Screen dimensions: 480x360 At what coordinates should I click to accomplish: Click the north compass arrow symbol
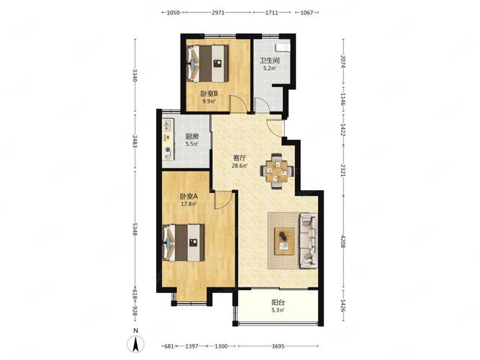135,343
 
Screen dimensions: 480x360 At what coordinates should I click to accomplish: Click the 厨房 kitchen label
192,136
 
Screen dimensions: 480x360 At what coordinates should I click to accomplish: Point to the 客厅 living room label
240,158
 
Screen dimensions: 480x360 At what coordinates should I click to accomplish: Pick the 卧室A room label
189,196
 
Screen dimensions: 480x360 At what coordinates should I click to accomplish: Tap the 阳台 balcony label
278,302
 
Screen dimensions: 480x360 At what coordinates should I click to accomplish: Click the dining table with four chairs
277,171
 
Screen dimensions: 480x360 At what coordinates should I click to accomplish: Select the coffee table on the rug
284,240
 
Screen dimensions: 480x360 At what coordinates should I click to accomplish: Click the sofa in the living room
308,240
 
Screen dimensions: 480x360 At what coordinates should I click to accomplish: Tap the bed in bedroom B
207,63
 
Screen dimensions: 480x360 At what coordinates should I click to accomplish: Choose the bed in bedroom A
183,243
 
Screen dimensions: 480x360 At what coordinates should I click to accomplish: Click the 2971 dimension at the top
218,12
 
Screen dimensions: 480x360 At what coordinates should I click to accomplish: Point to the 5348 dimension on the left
135,229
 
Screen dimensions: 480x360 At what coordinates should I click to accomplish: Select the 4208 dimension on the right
343,242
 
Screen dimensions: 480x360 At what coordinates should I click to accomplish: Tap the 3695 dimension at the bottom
278,346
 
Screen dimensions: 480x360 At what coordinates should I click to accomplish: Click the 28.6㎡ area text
240,166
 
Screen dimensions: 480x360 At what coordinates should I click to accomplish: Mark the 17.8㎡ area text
189,204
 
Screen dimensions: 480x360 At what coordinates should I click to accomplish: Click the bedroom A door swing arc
226,204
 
